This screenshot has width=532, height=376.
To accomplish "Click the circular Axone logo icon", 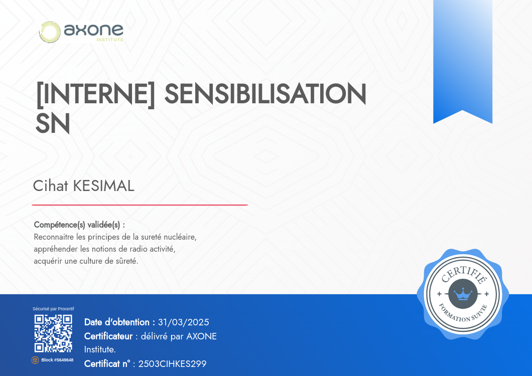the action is (50, 32).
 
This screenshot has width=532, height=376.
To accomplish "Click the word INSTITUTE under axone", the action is (110, 40).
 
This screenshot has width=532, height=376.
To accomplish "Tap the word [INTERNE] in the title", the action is (95, 94).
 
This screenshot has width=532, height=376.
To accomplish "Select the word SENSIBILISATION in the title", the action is (265, 94).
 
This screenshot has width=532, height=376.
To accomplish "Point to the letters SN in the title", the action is (53, 123).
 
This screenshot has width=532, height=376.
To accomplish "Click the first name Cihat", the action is (51, 186).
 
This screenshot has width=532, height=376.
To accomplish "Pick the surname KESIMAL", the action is (104, 186).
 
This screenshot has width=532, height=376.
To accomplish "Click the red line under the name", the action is (140, 205).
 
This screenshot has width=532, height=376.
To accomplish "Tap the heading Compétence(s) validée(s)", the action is (79, 225).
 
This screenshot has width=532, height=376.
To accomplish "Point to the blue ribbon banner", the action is (463, 62).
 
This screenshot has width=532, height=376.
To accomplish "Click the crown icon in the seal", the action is (463, 294).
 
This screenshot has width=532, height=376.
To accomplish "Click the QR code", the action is (53, 333).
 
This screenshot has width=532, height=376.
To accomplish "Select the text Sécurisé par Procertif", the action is (53, 309).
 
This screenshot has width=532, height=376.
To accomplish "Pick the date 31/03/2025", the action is (184, 322).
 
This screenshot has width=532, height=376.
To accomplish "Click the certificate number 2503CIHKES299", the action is (172, 364).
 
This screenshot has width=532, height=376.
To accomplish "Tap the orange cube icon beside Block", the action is (35, 360).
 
